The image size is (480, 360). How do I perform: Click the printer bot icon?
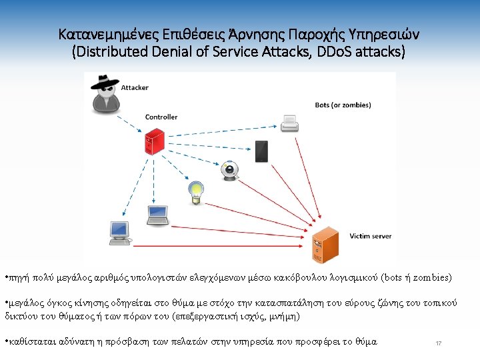289,123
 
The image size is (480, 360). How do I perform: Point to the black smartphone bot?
261,151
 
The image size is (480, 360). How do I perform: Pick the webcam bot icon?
230,170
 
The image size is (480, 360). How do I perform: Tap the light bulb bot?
195,191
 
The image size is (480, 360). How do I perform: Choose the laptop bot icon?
157,214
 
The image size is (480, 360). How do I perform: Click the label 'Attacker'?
135,87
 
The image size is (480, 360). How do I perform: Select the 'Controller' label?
161,117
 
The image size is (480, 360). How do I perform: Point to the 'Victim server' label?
370,236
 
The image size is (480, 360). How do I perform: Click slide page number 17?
438,343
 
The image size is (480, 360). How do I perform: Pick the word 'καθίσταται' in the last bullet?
31,341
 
